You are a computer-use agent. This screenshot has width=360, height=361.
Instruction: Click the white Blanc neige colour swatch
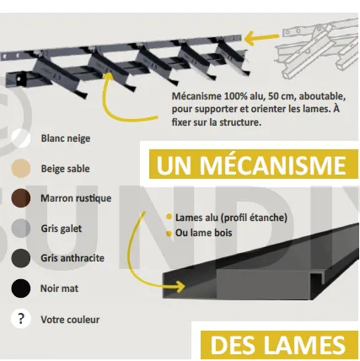click(x=21, y=138)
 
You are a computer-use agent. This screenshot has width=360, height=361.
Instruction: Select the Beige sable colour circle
click(x=21, y=169)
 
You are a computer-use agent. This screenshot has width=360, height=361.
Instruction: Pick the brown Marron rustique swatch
click(x=21, y=198)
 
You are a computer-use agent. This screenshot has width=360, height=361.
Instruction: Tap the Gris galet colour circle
click(x=21, y=229)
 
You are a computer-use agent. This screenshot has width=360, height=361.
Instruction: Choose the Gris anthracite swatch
click(x=21, y=258)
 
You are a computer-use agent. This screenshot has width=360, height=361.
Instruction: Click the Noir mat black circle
click(x=21, y=288)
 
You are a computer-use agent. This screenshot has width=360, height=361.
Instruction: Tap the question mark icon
click(x=21, y=319)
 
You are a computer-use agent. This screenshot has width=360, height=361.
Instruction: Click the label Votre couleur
click(x=70, y=320)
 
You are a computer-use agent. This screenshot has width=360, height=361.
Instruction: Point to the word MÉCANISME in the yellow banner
click(x=272, y=164)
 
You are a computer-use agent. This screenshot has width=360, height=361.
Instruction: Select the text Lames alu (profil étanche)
click(x=231, y=218)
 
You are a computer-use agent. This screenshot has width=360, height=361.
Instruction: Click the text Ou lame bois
click(x=204, y=233)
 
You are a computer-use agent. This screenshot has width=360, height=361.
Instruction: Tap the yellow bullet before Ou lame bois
click(x=169, y=234)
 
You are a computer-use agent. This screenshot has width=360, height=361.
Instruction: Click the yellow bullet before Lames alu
click(x=169, y=217)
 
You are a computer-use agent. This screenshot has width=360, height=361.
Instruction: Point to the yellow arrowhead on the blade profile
click(x=180, y=287)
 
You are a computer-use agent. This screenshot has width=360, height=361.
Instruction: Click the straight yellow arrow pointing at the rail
click(x=261, y=38)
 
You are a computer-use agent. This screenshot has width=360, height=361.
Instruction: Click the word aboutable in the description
click(x=322, y=96)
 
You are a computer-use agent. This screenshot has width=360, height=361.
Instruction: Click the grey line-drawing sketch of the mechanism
click(x=317, y=48)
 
